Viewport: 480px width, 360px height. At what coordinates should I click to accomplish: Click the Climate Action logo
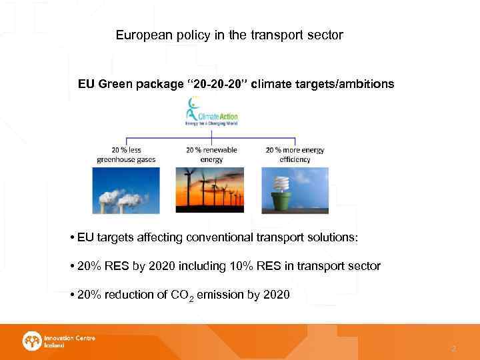[x=211, y=112]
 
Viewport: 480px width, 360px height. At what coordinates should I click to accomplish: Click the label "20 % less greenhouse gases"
[x=127, y=155]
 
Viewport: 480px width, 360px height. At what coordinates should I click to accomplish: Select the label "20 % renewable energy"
[x=211, y=155]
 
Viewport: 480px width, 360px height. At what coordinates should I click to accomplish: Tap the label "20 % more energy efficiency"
[x=295, y=155]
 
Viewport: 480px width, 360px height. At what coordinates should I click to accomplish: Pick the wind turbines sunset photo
[x=211, y=190]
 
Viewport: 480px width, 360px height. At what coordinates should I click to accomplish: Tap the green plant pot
[x=281, y=201]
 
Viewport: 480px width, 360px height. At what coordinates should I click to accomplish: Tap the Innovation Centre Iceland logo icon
[x=31, y=341]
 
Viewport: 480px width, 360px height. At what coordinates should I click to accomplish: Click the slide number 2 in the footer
[x=453, y=349]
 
